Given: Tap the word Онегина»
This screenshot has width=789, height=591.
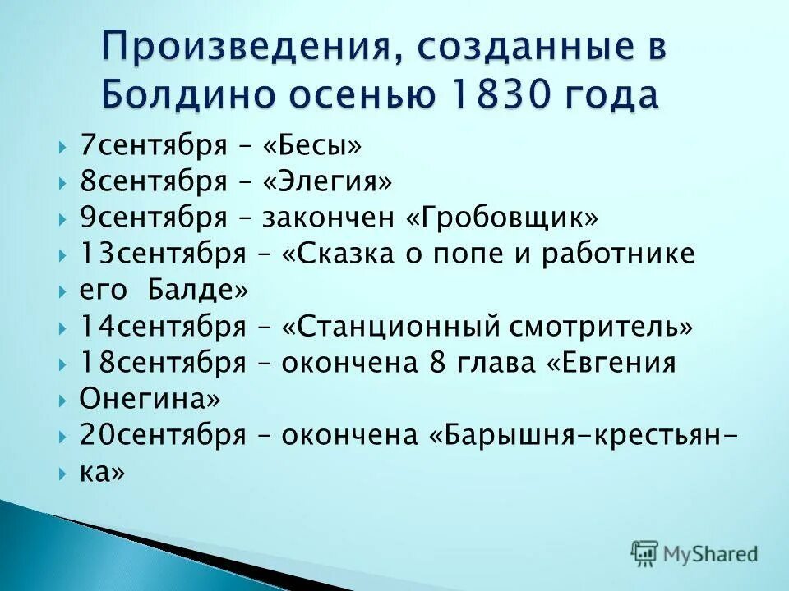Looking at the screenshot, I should [x=150, y=400].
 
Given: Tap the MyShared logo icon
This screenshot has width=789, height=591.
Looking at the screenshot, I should [x=644, y=554].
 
